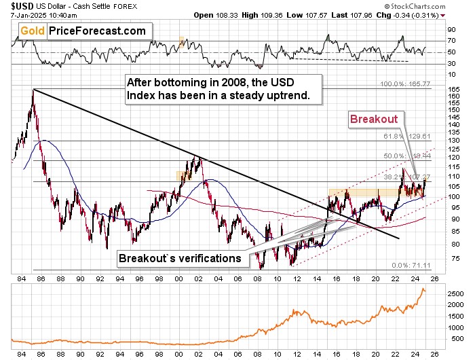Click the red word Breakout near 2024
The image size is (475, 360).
(x=373, y=118)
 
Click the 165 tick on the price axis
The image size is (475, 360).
(x=450, y=90)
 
